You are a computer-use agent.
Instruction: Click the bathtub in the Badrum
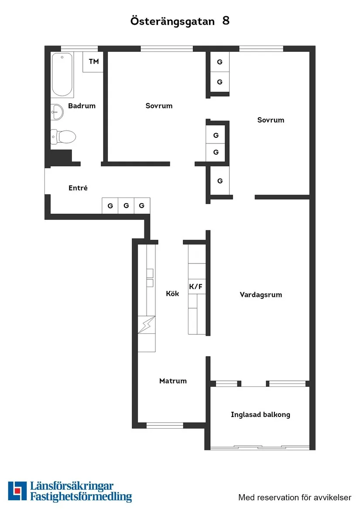coord(62,75)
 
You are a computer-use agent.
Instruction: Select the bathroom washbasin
coord(57,113)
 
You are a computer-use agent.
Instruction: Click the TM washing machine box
coord(93,61)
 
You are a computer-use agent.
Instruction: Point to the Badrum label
coord(82,106)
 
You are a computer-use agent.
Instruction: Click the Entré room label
coord(78,188)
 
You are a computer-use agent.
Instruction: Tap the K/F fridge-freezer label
coord(196,287)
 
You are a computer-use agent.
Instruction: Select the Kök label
coord(172,294)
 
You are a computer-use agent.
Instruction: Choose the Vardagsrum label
coord(261,295)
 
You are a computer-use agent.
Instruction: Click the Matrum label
coord(173,381)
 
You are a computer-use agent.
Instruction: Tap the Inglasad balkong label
coord(260,414)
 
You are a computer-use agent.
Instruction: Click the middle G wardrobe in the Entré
coord(126,205)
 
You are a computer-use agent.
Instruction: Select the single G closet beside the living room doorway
coord(220,181)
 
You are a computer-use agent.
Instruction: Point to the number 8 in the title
coord(226,20)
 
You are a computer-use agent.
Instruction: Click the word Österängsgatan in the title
coord(172,21)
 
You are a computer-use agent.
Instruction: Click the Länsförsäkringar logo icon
coord(17,491)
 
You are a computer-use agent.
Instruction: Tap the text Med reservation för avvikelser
coord(295,497)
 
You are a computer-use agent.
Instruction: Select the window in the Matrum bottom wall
coord(165,425)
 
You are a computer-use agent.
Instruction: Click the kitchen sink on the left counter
coord(150,278)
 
